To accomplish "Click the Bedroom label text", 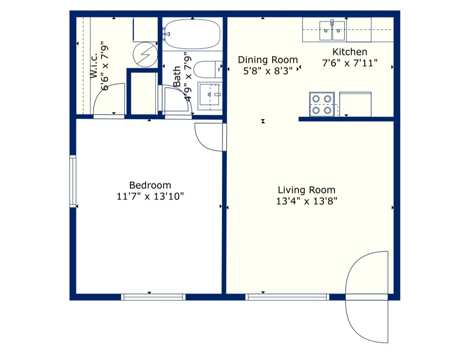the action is tap(150, 185).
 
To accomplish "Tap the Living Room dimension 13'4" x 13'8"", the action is tap(307, 201).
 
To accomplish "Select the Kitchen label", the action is tap(350, 52).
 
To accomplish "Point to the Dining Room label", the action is tap(268, 60).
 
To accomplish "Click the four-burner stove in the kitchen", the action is tap(322, 104).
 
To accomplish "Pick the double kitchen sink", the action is tap(332, 31).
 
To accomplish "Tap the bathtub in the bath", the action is tap(192, 34).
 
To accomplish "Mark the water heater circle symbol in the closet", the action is tap(145, 54).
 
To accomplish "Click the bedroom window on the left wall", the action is tap(73, 181).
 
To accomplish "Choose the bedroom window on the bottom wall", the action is tap(153, 297).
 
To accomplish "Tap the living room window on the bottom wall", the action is tap(287, 297).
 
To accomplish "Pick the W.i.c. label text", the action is tap(94, 70).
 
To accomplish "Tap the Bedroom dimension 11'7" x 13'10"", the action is tap(150, 197).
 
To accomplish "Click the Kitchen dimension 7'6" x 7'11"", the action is tap(350, 63).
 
